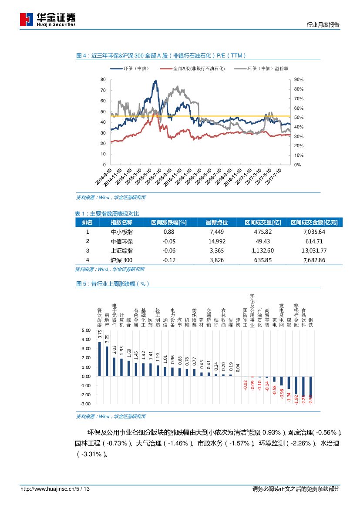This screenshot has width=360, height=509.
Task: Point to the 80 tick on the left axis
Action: pos(103,80)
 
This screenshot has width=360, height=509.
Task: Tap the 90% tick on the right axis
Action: pos(299,80)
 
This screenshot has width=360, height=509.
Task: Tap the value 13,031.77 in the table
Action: pos(314,250)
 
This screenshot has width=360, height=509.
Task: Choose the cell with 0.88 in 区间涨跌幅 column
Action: pos(168,232)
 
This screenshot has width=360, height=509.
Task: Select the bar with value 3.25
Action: pos(107,361)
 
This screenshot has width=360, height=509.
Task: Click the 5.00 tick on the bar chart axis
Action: pos(86,330)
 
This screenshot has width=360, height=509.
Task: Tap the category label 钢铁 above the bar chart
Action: pos(310,322)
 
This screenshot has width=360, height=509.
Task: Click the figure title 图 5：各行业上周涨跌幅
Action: pos(113,283)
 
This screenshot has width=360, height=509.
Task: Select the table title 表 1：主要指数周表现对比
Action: pos(107,213)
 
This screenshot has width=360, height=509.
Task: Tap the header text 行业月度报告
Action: pos(323,25)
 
